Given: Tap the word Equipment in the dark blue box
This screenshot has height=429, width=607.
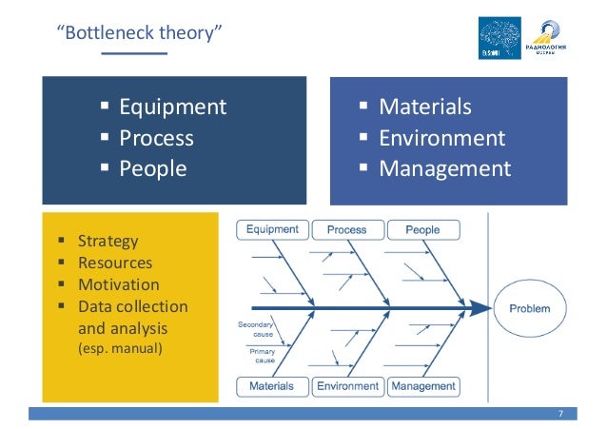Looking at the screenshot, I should pos(172,107).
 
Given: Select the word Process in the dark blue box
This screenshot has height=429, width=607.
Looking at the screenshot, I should pos(156,138).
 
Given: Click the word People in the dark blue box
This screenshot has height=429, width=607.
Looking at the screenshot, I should pos(153,169).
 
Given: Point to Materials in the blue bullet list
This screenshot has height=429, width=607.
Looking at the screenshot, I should pos(424,107).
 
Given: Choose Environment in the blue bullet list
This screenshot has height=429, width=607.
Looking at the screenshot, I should pos(441,138).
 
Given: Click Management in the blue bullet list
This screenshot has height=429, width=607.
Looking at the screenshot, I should pos(444,169).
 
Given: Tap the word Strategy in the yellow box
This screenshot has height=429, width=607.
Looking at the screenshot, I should pos(108,242).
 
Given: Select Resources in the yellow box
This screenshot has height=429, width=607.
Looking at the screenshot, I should pos(114,263).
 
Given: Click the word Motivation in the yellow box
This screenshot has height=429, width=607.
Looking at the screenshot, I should pos(118,284).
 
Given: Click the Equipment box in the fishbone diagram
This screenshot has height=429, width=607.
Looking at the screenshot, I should pos(272,229).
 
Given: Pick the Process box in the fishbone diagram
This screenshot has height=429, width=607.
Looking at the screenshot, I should pos(346,229).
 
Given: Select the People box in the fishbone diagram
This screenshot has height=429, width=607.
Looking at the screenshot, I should pos(422,229).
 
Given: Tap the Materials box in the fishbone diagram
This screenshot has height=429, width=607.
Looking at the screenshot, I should pos(271,386).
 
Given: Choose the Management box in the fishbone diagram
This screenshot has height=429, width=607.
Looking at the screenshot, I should pos(422,386).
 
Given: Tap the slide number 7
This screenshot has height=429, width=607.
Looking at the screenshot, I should pos(560,414).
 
